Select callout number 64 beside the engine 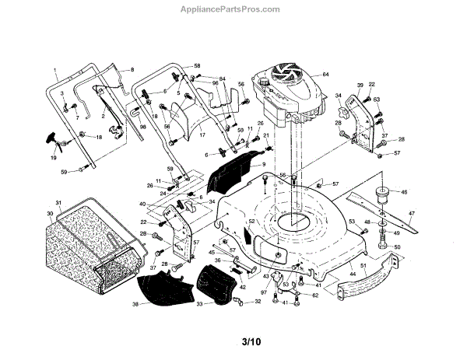326,75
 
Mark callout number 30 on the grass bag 51,214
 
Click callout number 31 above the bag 58,203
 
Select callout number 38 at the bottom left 134,304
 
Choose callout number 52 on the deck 251,222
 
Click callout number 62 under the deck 314,295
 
